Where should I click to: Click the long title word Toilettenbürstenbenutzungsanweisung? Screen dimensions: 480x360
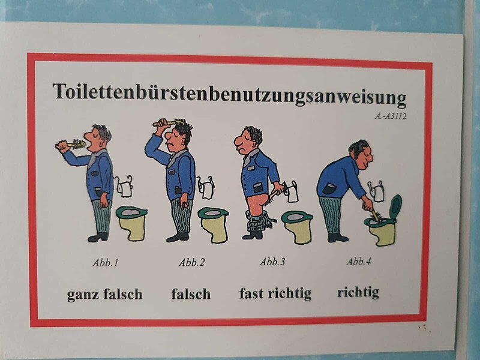pos(230,94)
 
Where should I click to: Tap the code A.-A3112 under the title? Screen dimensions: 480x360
pos(391,116)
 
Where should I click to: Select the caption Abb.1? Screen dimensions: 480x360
pos(106,262)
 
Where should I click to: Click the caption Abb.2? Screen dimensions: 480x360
pos(192,262)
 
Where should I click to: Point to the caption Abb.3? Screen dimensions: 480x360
pos(272,262)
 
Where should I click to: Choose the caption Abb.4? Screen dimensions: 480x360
pos(359,261)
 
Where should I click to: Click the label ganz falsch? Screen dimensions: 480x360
pos(104,294)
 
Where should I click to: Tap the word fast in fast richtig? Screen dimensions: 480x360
pos(251,293)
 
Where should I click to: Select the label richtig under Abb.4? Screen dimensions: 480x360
pos(358,292)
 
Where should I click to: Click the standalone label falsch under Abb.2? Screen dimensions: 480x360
pos(191,294)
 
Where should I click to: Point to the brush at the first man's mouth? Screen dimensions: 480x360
pos(74,144)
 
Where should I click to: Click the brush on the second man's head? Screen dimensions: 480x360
pos(169,123)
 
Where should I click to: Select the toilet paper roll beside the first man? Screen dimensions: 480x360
pos(124,187)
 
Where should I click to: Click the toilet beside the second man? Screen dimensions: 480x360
pos(214,224)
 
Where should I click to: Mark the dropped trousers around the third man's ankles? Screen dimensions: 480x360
pos(259,221)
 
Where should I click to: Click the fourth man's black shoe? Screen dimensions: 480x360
pos(337,238)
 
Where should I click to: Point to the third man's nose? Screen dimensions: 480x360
pos(239,141)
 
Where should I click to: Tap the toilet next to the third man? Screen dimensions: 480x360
pos(297,227)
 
